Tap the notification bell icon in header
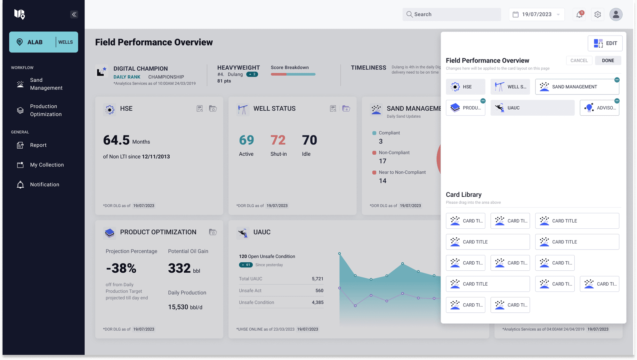pos(579,14)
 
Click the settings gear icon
pos(597,14)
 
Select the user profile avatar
pos(616,14)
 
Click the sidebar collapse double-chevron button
pos(74,14)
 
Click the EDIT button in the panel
pos(605,43)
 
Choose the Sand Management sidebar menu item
pos(46,84)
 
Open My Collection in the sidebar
pos(47,165)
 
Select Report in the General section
pos(38,145)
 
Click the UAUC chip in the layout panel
pos(532,108)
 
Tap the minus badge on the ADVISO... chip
pos(617,101)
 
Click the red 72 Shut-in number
pos(278,140)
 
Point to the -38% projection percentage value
pos(121,268)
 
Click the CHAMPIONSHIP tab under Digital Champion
pos(166,77)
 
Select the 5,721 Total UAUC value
pos(317,279)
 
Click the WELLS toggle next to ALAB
pos(66,42)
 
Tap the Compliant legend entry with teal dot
pos(389,133)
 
